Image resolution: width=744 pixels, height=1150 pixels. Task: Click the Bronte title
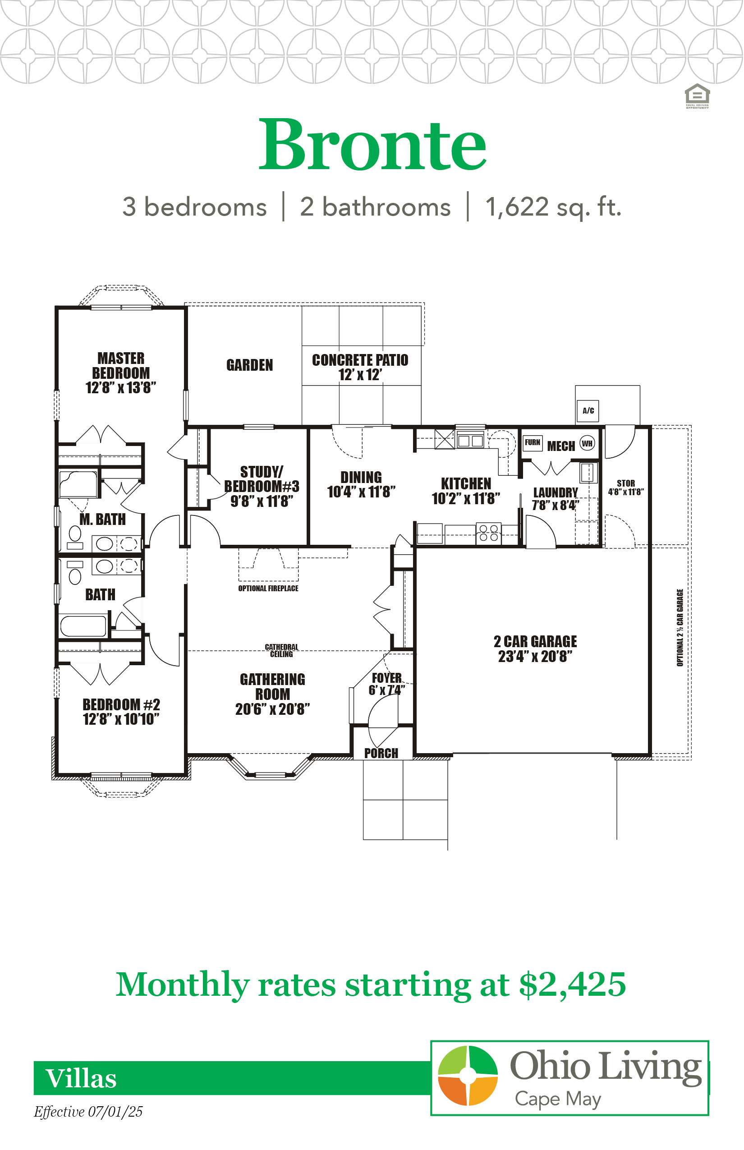(x=372, y=144)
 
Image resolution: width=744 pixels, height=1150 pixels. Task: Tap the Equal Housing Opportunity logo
(x=697, y=96)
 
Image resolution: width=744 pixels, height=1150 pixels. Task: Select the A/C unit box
(x=588, y=411)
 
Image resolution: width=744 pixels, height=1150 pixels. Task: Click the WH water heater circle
(x=587, y=444)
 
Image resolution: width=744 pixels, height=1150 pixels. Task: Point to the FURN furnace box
(x=533, y=442)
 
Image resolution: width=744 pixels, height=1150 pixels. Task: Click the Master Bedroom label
(x=121, y=373)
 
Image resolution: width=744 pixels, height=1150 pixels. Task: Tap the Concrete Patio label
(x=360, y=367)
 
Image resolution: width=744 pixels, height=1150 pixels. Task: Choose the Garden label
(x=250, y=365)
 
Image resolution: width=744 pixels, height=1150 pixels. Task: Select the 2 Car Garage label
(x=535, y=649)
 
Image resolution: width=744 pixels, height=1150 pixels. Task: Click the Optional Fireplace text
(x=268, y=589)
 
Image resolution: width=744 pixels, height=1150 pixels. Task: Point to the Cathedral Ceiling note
(x=282, y=650)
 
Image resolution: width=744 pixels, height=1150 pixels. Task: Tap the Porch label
(x=381, y=753)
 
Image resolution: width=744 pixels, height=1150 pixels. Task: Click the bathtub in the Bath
(x=83, y=626)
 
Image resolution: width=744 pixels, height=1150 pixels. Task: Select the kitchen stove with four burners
(x=488, y=534)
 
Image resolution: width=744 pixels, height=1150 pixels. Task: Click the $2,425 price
(x=573, y=985)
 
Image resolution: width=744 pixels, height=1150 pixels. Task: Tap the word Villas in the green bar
(x=81, y=1078)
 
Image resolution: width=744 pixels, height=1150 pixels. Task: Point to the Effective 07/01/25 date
(x=88, y=1112)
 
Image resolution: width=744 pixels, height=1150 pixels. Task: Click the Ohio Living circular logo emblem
(x=468, y=1076)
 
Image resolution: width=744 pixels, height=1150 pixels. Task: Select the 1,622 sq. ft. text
(x=553, y=207)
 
